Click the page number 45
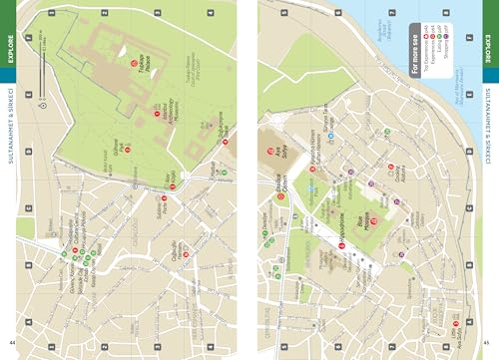(488, 342)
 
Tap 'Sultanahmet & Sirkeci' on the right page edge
(488, 145)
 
